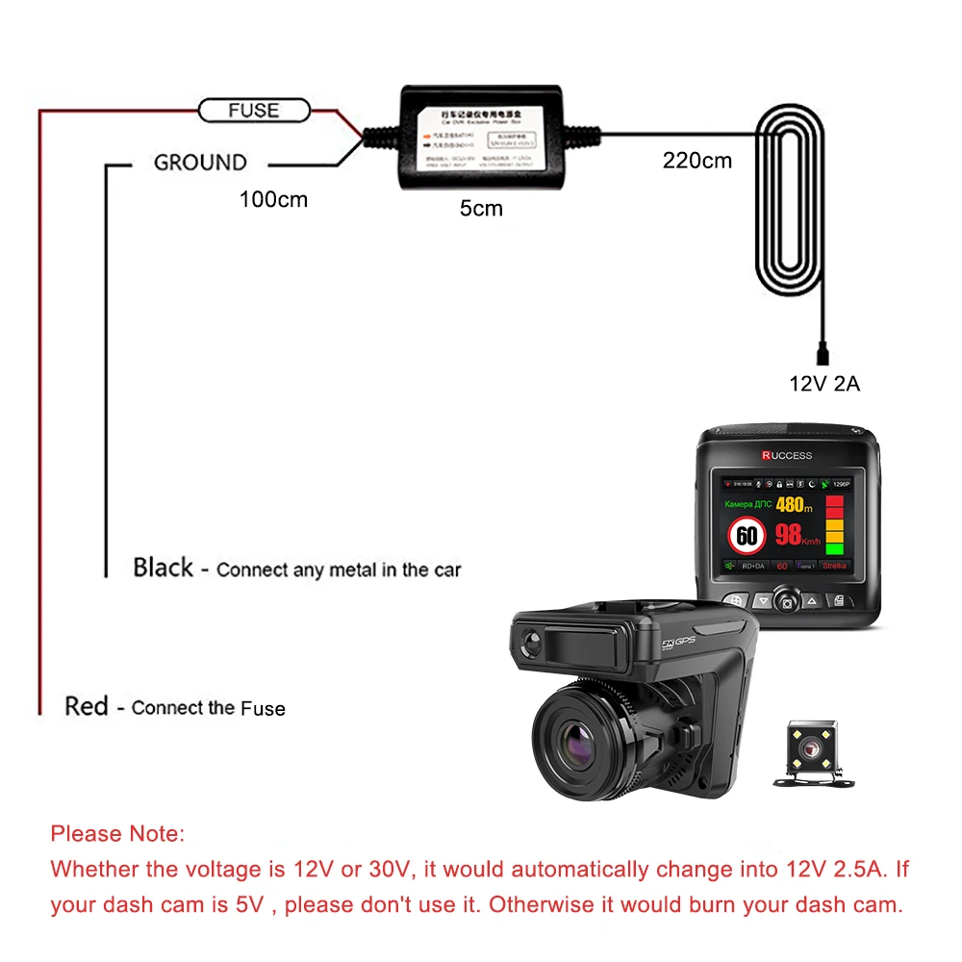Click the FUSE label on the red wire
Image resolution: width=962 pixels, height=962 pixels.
(x=253, y=111)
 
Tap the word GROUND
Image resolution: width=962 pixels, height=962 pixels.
(x=200, y=163)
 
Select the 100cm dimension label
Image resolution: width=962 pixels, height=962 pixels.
(x=273, y=200)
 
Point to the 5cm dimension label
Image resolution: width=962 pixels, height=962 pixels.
(x=481, y=208)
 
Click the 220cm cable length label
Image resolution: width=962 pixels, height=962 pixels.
(x=696, y=161)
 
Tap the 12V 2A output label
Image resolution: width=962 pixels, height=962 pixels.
(x=824, y=384)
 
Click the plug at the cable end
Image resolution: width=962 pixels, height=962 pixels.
(x=823, y=346)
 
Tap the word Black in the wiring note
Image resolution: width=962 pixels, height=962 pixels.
(x=164, y=568)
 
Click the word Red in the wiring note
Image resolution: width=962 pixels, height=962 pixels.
(x=87, y=706)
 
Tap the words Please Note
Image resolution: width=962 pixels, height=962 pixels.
(x=116, y=833)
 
